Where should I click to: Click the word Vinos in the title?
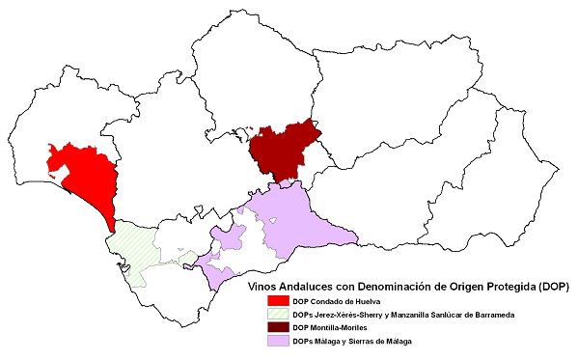pyautogui.click(x=264, y=288)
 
